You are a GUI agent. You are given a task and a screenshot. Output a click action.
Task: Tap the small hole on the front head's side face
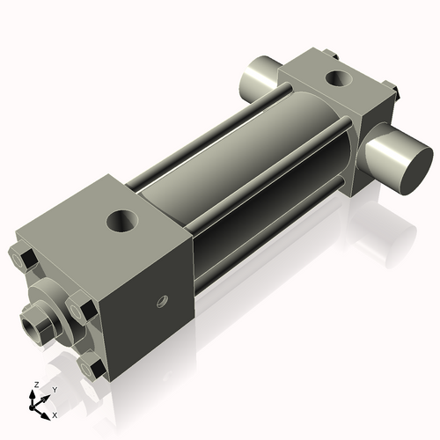click(x=162, y=302)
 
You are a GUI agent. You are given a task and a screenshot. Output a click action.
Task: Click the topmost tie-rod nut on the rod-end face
click(x=26, y=259)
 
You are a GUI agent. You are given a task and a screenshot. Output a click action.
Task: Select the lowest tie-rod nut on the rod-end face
click(x=92, y=366)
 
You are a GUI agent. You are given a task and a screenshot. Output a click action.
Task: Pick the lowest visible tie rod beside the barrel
click(x=264, y=246)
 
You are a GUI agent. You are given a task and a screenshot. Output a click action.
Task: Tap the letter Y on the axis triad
click(x=55, y=389)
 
